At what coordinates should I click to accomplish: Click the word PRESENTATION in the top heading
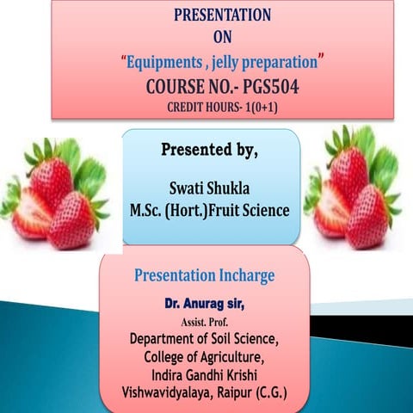[222, 15]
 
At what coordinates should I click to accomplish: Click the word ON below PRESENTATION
[223, 37]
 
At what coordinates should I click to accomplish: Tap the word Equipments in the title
[166, 62]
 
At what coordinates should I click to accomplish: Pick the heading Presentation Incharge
[204, 276]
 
